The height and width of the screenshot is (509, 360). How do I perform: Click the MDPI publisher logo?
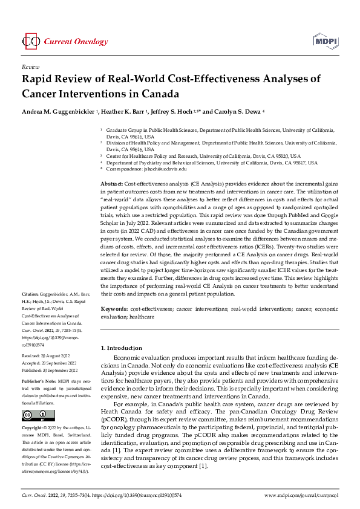325,41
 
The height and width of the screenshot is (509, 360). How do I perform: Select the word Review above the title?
30,66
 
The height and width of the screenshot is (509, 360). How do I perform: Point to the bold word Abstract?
111,183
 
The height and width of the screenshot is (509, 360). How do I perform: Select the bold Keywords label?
114,309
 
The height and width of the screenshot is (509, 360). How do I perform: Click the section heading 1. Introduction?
123,348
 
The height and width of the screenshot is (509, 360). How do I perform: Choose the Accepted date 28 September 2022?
53,364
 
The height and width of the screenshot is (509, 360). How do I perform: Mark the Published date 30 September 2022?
54,370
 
